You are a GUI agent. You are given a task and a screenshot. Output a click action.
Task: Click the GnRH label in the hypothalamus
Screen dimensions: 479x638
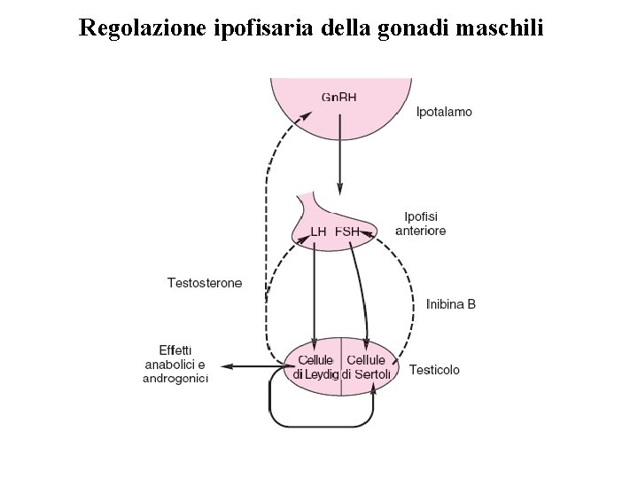[x=339, y=97]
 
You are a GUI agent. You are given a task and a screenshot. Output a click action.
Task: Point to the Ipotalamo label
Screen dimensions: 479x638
[x=444, y=112]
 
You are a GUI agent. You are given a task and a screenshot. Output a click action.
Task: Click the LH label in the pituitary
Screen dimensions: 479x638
[x=318, y=232]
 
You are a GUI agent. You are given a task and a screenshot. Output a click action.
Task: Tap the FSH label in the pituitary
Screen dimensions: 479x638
[x=347, y=232]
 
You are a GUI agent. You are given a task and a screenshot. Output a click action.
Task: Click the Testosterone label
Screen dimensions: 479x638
[x=216, y=284]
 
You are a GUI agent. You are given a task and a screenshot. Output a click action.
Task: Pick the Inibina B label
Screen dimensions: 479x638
[x=451, y=303]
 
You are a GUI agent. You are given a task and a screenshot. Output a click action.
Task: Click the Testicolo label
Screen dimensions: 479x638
[x=434, y=369]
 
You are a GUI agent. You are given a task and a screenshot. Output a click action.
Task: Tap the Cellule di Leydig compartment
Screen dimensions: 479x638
[x=315, y=366]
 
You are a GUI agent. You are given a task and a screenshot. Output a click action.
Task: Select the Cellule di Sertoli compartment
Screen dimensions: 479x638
[x=366, y=366]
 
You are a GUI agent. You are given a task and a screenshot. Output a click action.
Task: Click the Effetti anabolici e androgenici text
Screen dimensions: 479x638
[x=175, y=364]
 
